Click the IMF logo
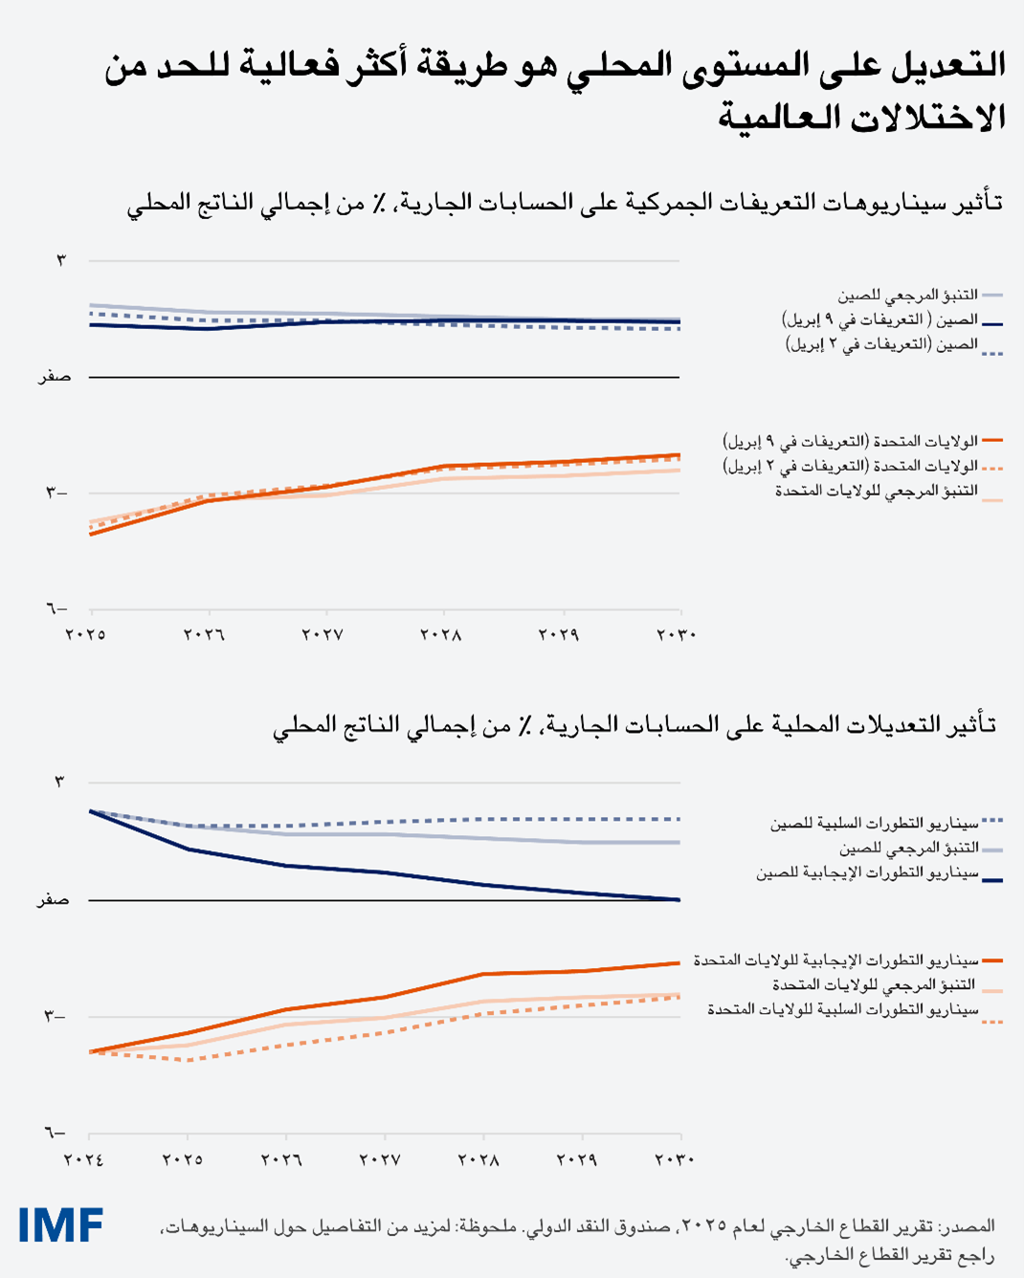pyautogui.click(x=60, y=1225)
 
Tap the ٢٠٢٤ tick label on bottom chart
pyautogui.click(x=83, y=1159)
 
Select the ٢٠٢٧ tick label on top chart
pyautogui.click(x=323, y=634)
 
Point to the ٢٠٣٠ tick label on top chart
pyautogui.click(x=676, y=634)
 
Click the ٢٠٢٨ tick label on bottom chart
pyautogui.click(x=479, y=1159)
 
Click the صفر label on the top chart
pyautogui.click(x=54, y=377)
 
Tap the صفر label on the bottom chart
pyautogui.click(x=53, y=900)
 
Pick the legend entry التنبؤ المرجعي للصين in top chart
pyautogui.click(x=907, y=296)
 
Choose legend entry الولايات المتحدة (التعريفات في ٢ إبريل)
pyautogui.click(x=850, y=466)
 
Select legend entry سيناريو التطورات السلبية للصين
pyautogui.click(x=875, y=824)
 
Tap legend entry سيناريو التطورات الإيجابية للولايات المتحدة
pyautogui.click(x=836, y=960)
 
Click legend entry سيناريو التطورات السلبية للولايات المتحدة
pyautogui.click(x=842, y=1010)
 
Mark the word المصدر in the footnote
pyautogui.click(x=969, y=1226)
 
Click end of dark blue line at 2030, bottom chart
pyautogui.click(x=679, y=899)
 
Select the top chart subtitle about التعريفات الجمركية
pyautogui.click(x=565, y=203)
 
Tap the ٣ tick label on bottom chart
pyautogui.click(x=59, y=782)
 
